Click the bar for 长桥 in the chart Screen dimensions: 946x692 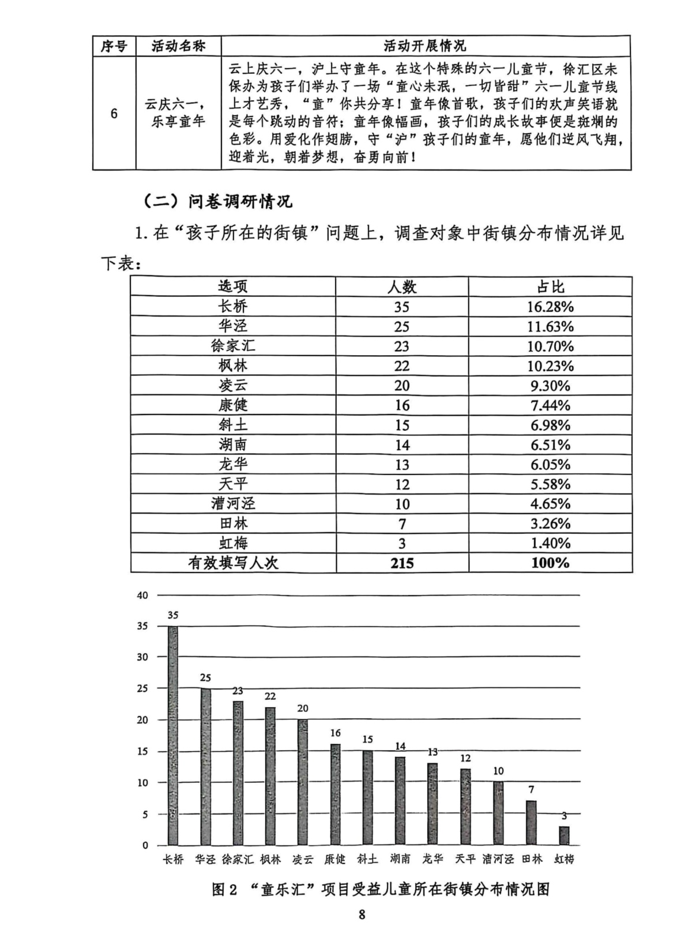[x=173, y=735]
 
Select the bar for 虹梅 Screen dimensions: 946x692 [x=564, y=835]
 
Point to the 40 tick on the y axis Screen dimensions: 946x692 [x=142, y=595]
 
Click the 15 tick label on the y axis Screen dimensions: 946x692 [x=142, y=751]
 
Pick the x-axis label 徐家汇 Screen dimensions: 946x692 [x=238, y=859]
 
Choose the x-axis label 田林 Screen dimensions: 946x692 [x=532, y=859]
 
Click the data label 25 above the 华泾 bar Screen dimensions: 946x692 [x=205, y=678]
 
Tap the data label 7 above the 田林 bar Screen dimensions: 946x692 [x=532, y=789]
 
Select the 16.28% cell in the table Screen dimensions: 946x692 [x=550, y=307]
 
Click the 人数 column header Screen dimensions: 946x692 [x=402, y=287]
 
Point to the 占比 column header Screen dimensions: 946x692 [x=550, y=287]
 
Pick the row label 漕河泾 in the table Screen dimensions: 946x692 [x=233, y=503]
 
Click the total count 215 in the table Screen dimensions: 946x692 [x=402, y=563]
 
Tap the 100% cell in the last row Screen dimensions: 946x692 [x=550, y=563]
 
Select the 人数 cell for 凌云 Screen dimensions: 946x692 [x=402, y=385]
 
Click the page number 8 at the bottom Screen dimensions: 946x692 [x=362, y=914]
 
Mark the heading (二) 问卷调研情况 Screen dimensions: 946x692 [x=217, y=201]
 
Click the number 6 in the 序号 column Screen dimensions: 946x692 [x=114, y=114]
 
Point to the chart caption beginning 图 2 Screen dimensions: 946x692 [x=381, y=889]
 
